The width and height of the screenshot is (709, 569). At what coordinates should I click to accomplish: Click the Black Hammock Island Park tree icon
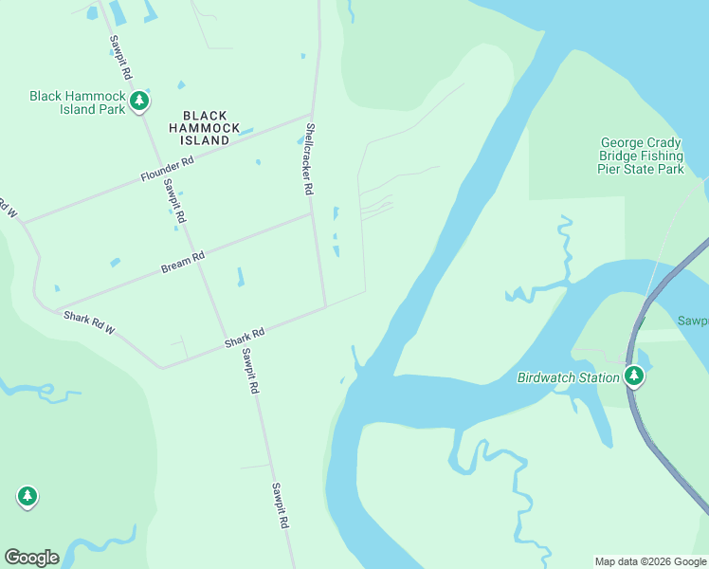139,100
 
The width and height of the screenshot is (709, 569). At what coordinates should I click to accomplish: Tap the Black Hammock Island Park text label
78,102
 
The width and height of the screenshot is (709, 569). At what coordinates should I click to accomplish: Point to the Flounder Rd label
167,169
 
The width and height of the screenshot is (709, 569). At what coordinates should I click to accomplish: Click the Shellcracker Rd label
309,158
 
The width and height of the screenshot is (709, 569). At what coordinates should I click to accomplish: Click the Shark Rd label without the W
245,337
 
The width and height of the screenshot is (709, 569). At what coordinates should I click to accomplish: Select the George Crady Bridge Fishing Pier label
641,156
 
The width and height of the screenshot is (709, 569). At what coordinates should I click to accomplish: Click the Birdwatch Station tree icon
634,376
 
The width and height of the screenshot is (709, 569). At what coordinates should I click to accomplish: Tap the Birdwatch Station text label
568,377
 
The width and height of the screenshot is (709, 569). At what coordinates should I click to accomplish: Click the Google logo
31,558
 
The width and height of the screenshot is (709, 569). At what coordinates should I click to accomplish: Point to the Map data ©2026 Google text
649,561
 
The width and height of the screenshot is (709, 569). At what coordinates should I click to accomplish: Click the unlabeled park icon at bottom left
27,496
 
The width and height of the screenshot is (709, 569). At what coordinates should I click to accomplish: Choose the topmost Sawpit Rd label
120,57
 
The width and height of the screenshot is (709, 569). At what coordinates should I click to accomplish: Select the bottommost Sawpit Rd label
280,505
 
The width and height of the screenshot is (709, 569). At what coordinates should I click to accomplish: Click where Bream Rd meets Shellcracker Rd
313,213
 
